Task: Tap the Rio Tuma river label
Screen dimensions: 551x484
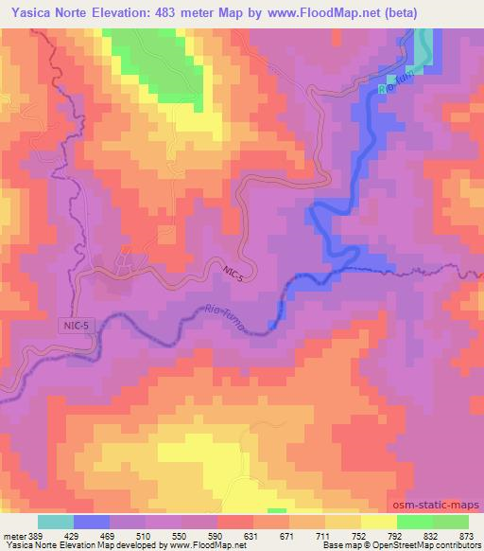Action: click(223, 318)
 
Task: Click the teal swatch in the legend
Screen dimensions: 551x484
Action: click(57, 522)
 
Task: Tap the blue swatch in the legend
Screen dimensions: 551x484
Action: click(92, 522)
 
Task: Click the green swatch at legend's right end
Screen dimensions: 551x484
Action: click(451, 522)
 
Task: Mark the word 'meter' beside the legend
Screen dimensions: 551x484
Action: click(11, 535)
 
